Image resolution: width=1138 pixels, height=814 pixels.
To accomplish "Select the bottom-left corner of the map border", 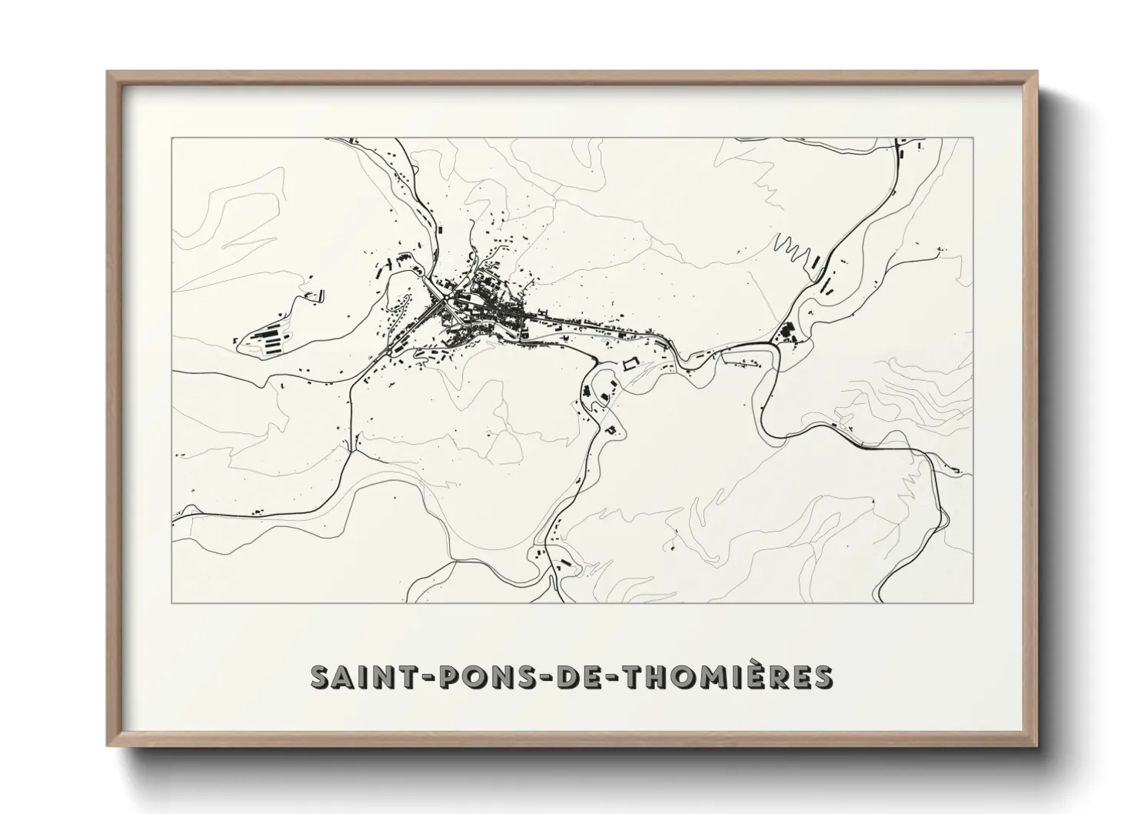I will coord(172,602).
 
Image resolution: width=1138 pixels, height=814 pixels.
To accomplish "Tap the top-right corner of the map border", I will coord(973,138).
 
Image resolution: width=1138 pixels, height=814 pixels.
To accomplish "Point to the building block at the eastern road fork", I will coord(787,334).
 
